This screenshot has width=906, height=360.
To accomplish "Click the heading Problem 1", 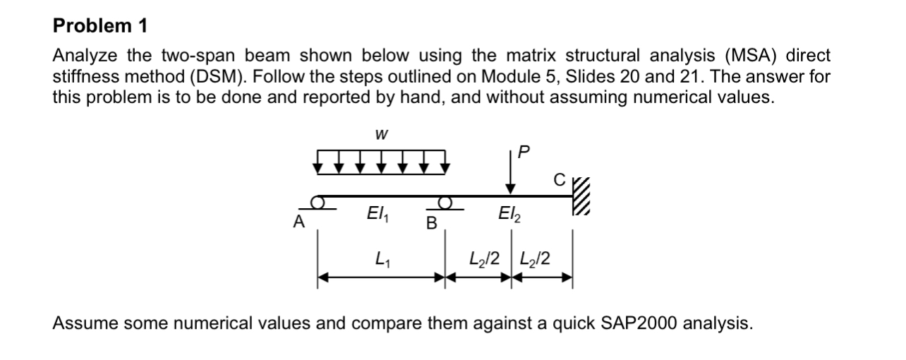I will [100, 27].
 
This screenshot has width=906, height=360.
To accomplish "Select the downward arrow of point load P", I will [509, 176].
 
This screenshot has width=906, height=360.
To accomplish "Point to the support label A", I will [299, 222].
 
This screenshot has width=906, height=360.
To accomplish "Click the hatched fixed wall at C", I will [579, 196].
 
